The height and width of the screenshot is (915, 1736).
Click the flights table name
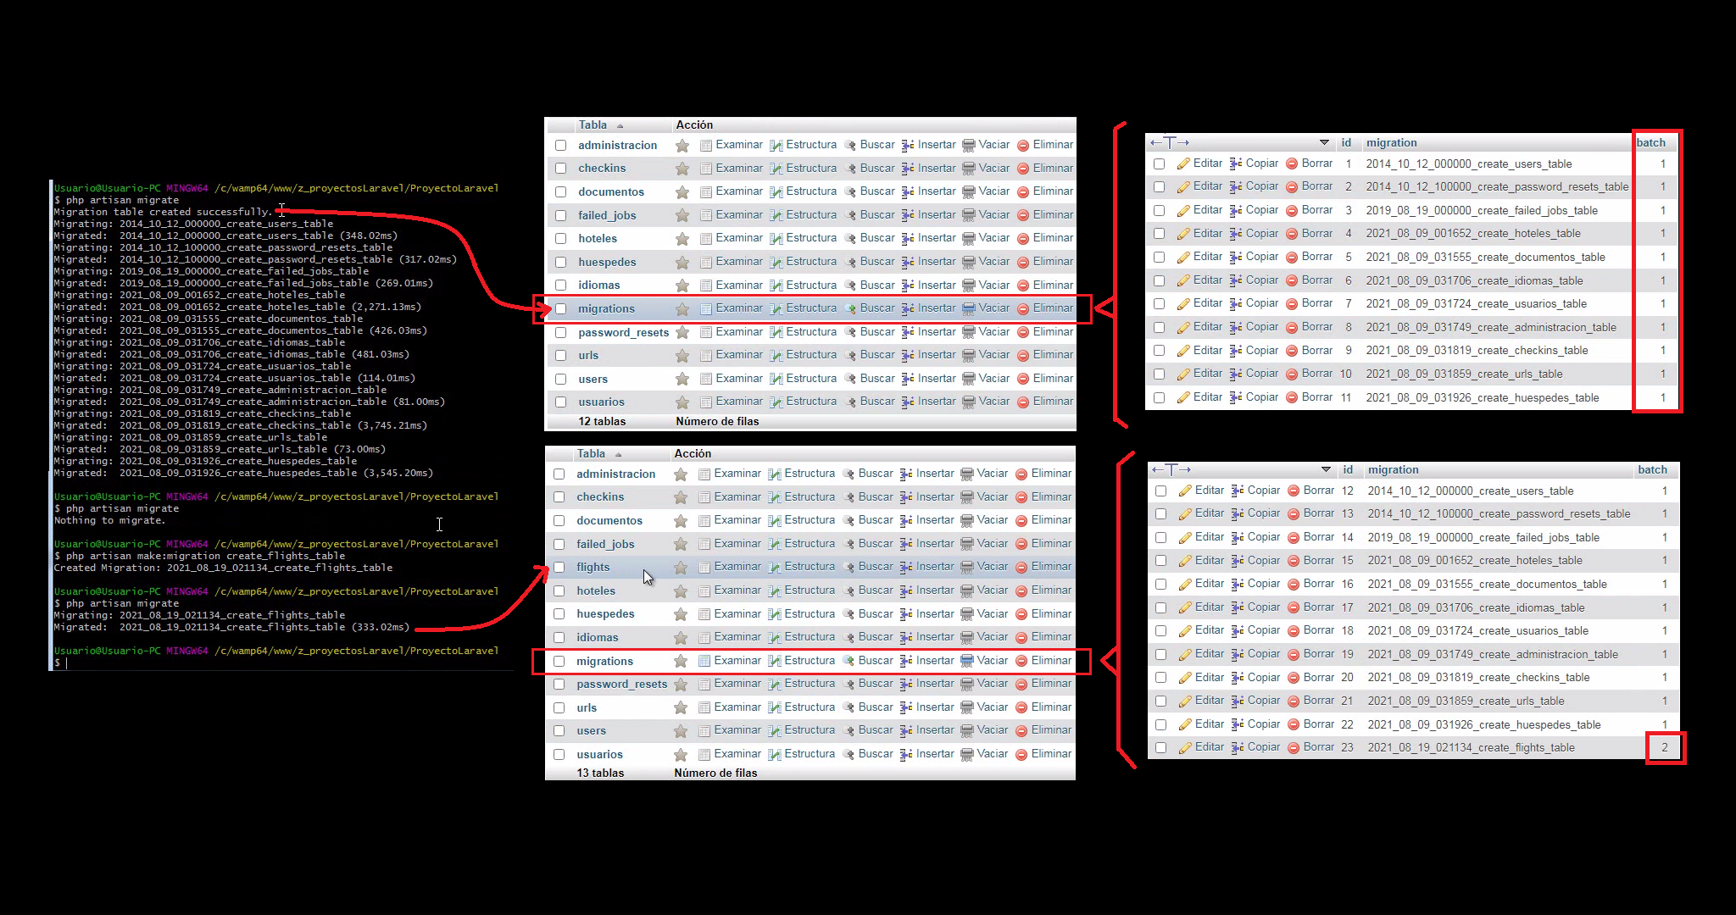coord(593,568)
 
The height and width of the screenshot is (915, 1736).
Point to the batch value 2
coord(1664,747)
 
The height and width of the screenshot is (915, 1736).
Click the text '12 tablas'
coord(602,421)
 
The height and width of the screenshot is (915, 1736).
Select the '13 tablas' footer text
coord(600,773)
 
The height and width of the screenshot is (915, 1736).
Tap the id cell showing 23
coord(1347,747)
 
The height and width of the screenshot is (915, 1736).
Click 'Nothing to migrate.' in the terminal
coord(109,520)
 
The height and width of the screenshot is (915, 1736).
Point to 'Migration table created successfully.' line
coord(162,212)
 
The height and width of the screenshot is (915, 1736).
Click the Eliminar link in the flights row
coord(1051,567)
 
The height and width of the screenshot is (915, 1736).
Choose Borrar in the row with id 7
coord(1316,303)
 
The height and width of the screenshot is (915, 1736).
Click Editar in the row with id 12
coord(1209,491)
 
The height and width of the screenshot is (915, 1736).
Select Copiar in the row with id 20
coord(1263,677)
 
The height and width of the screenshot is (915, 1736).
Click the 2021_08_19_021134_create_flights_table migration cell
coord(1471,747)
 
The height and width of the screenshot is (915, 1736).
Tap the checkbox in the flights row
coord(559,568)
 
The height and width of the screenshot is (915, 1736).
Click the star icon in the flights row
coord(681,568)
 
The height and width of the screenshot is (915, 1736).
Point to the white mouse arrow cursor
coord(647,577)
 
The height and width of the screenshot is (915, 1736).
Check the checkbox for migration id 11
coord(1160,397)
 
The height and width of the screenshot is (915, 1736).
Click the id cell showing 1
coord(1348,164)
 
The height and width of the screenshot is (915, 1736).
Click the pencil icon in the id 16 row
coord(1185,584)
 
